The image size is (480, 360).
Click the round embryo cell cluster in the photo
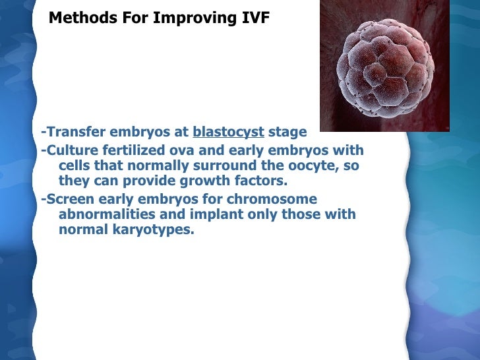tap(384, 67)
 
